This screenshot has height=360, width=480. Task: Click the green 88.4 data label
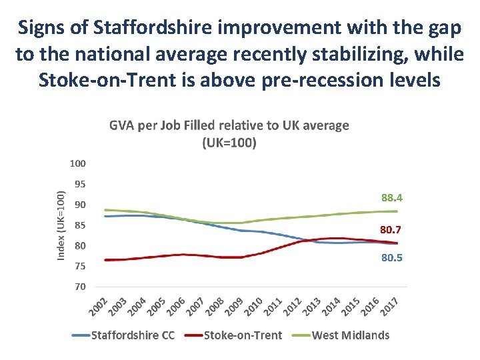(392, 198)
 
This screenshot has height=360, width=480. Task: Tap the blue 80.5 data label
(392, 257)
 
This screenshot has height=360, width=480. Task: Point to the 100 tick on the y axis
(77, 163)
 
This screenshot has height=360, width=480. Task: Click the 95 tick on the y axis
(79, 184)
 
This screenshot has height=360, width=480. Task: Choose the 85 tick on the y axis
(79, 225)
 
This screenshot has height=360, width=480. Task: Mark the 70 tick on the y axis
(79, 287)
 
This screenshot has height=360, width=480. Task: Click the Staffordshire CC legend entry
(133, 335)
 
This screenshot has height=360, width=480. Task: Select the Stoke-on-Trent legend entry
(243, 335)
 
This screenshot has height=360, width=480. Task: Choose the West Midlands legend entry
(351, 335)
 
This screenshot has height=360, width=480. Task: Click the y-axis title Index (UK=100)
(61, 225)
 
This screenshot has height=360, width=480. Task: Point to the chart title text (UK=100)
(229, 142)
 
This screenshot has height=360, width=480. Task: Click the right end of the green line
(397, 211)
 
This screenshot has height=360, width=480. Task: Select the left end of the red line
(105, 260)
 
